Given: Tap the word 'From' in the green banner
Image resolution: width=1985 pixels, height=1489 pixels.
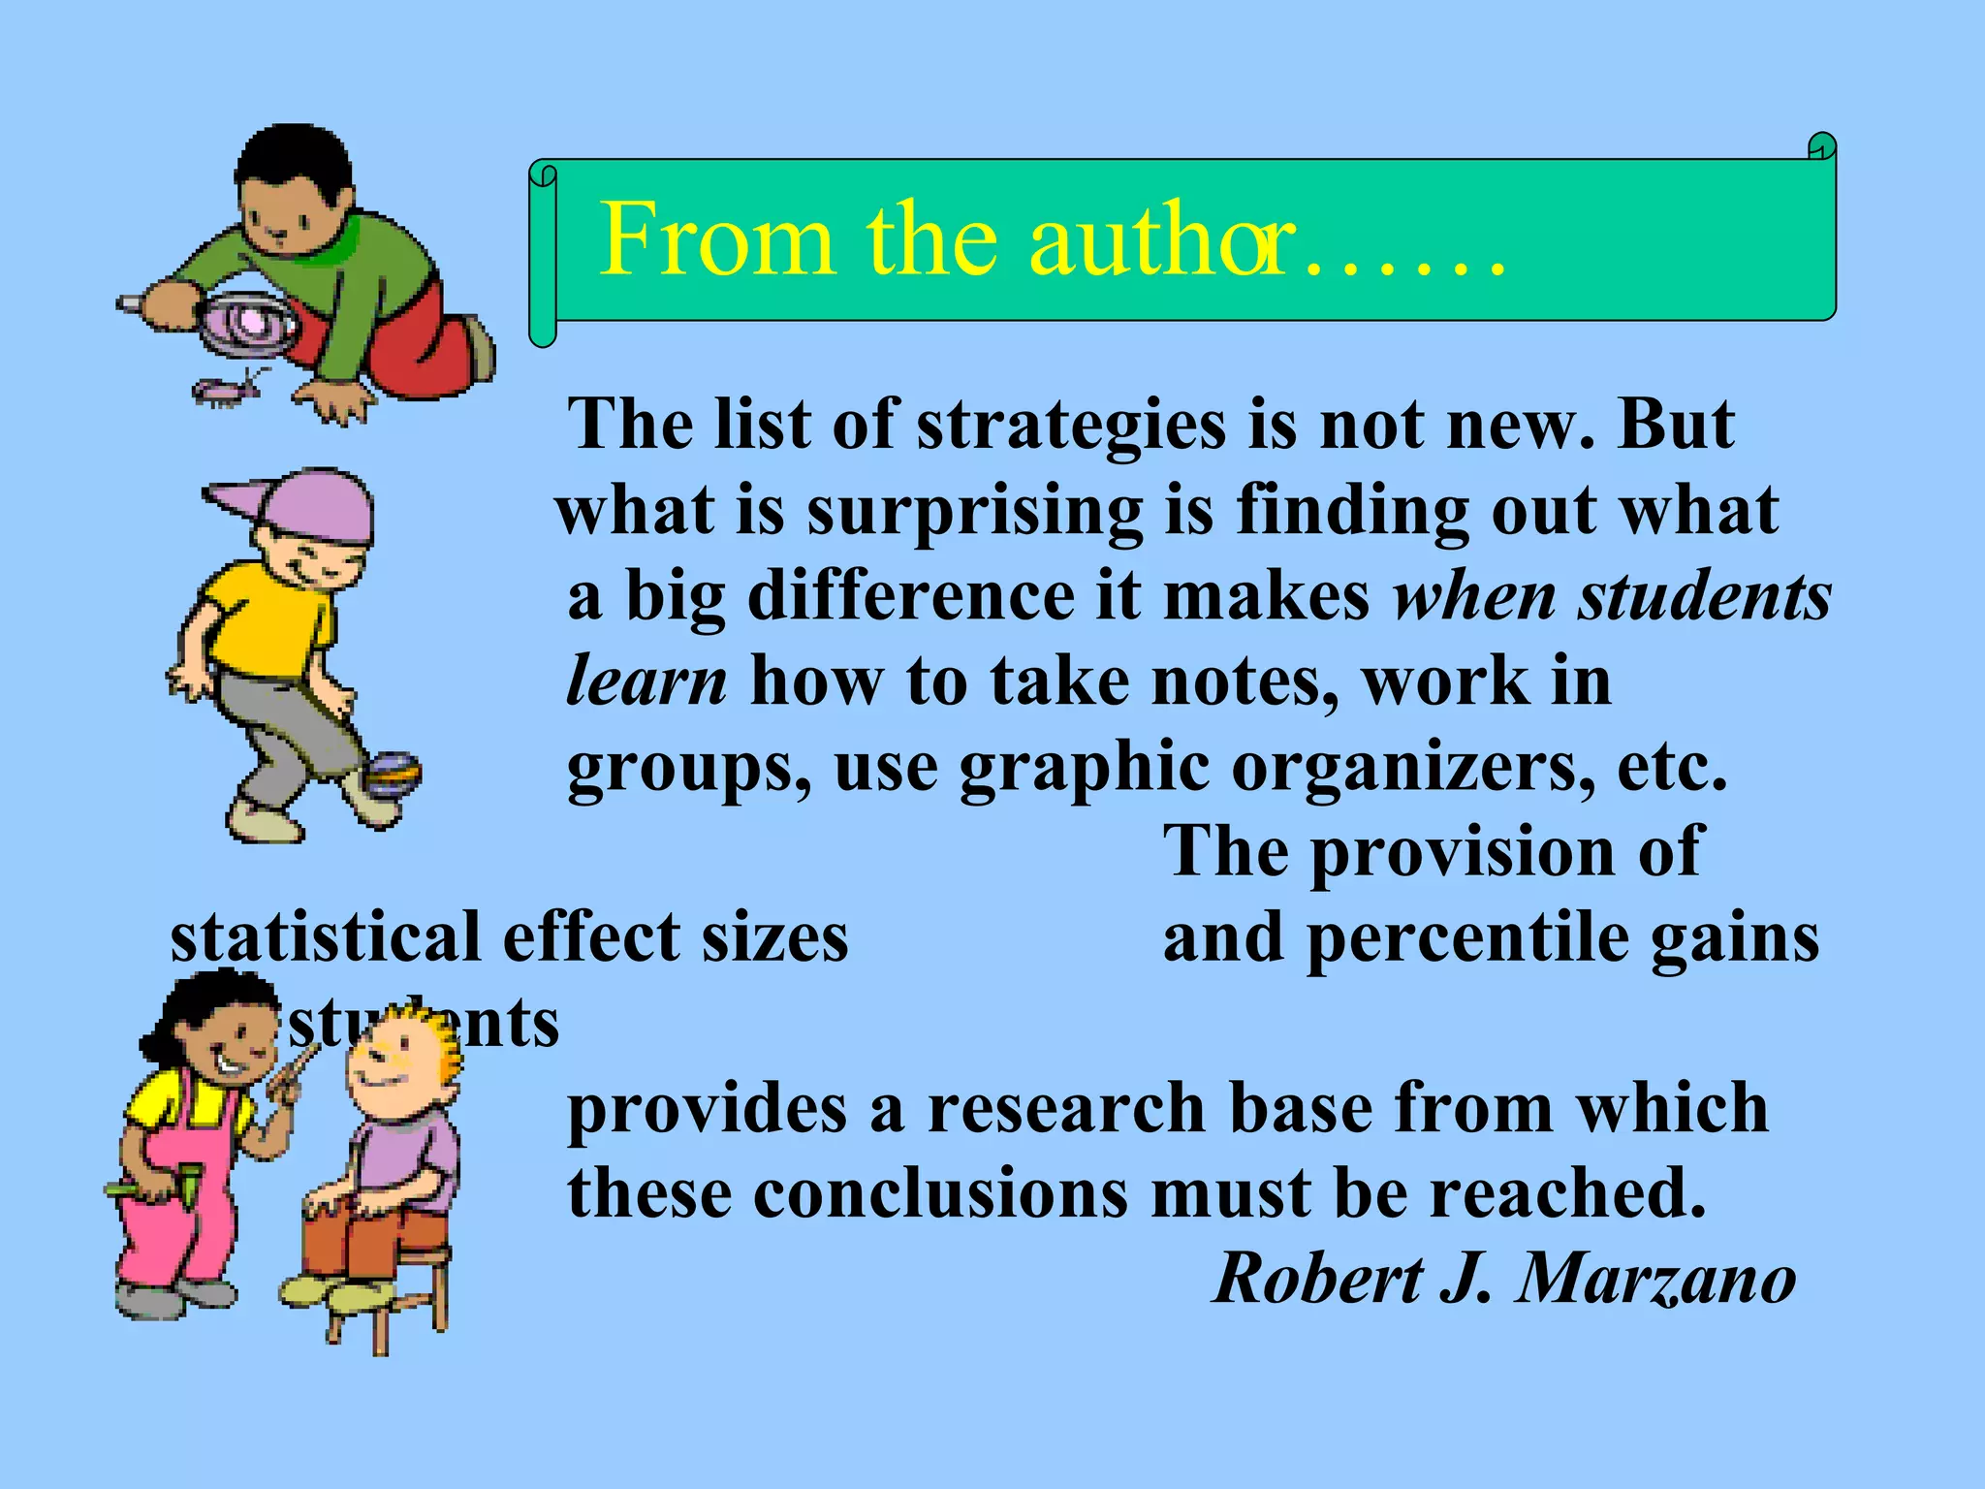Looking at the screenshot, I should click(715, 239).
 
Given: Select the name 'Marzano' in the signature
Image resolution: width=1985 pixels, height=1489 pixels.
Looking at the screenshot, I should click(1656, 1279).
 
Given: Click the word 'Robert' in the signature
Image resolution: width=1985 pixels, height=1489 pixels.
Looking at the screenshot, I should click(1318, 1279).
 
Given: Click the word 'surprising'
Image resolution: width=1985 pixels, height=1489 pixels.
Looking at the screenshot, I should click(974, 512).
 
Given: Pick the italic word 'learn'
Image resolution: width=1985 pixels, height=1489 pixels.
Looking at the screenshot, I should click(646, 681).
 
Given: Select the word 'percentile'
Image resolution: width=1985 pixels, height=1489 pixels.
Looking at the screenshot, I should click(1467, 938).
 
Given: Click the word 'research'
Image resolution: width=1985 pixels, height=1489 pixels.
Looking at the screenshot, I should click(1066, 1109).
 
